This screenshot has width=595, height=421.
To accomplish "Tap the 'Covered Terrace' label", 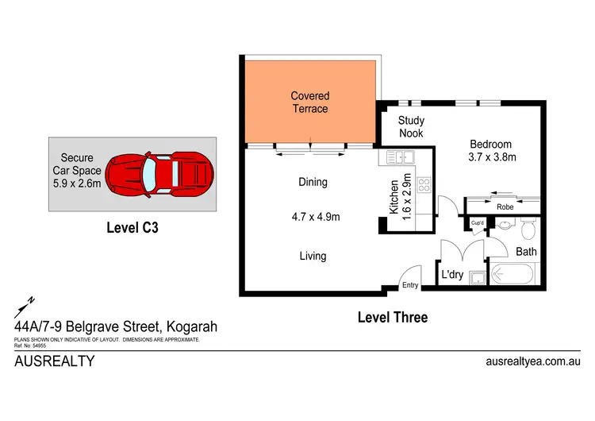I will (x=309, y=102).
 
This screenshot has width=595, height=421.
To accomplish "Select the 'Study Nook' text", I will (x=411, y=127).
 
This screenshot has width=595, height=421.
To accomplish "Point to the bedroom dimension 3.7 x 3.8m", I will (x=493, y=157).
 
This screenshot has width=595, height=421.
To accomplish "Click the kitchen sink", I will (x=396, y=158).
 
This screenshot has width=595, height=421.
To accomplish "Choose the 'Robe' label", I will (x=505, y=206).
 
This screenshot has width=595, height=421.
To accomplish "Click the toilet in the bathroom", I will (x=528, y=230).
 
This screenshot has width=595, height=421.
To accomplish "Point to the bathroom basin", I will (x=504, y=226).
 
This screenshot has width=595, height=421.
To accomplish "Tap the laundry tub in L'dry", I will (x=477, y=277).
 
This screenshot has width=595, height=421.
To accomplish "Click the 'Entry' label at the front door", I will (x=410, y=285).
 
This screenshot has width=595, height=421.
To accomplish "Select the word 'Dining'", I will (x=313, y=182).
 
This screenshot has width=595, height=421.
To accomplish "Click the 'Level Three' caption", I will (x=392, y=318).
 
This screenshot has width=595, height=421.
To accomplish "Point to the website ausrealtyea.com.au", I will (x=532, y=361).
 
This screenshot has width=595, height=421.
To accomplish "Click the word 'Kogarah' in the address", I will (x=190, y=326).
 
